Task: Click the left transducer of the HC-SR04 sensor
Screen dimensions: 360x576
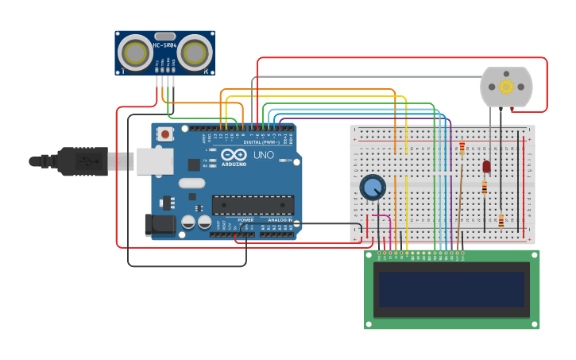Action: coord(135,53)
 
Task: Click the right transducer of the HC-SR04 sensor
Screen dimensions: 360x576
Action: coord(195,53)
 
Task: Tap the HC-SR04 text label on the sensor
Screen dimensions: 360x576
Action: coord(164,45)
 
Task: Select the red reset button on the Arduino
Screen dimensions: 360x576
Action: coord(164,134)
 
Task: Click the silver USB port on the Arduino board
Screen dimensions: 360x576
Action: coord(154,161)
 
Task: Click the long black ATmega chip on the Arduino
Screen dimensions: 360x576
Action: coord(252,205)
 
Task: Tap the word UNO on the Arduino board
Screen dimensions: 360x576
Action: coord(263,155)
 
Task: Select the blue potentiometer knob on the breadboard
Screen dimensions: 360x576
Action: coord(372,188)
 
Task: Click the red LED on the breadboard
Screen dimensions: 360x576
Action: coord(486,167)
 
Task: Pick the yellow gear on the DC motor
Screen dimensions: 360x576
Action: coord(506,87)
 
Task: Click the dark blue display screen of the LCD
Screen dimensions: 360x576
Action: coord(451,289)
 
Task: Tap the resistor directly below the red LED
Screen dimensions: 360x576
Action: coord(485,188)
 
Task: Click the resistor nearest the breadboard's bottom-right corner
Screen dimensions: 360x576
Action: coord(501,220)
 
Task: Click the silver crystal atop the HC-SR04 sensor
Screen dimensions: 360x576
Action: coord(164,36)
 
